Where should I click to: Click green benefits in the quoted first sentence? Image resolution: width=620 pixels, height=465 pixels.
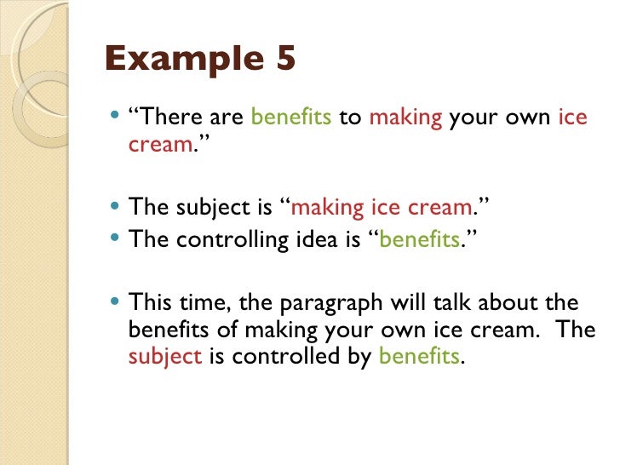point(292,118)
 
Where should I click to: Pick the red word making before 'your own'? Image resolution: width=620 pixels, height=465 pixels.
point(405,118)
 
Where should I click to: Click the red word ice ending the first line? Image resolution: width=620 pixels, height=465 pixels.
point(573,118)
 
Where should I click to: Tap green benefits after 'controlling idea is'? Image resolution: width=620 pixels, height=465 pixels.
point(419,240)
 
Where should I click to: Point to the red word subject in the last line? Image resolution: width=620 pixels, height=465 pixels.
point(164,357)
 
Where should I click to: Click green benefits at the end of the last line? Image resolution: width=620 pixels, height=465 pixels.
point(418,357)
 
